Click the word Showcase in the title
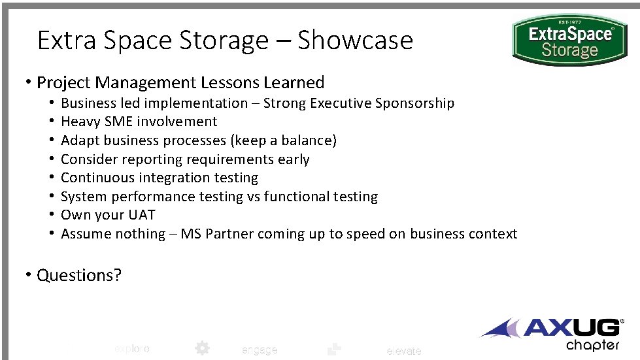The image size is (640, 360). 355,41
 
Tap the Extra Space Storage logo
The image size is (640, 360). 569,40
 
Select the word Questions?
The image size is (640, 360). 79,275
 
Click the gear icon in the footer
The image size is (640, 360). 202,348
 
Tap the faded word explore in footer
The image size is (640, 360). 132,349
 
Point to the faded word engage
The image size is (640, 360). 260,350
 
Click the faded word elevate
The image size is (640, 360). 404,352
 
